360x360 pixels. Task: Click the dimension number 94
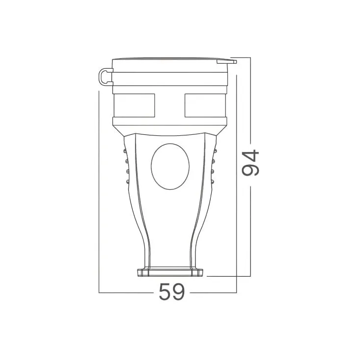[x=250, y=162]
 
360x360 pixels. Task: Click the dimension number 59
[x=172, y=292]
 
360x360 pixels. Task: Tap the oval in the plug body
[x=170, y=167]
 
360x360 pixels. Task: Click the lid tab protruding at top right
[x=227, y=61]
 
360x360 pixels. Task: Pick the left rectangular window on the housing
[x=135, y=105]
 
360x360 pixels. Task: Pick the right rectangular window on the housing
[x=205, y=105]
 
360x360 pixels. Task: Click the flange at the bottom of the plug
[x=170, y=273]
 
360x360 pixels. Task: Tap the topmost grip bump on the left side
[x=125, y=151]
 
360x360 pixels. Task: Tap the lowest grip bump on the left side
[x=127, y=182]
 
